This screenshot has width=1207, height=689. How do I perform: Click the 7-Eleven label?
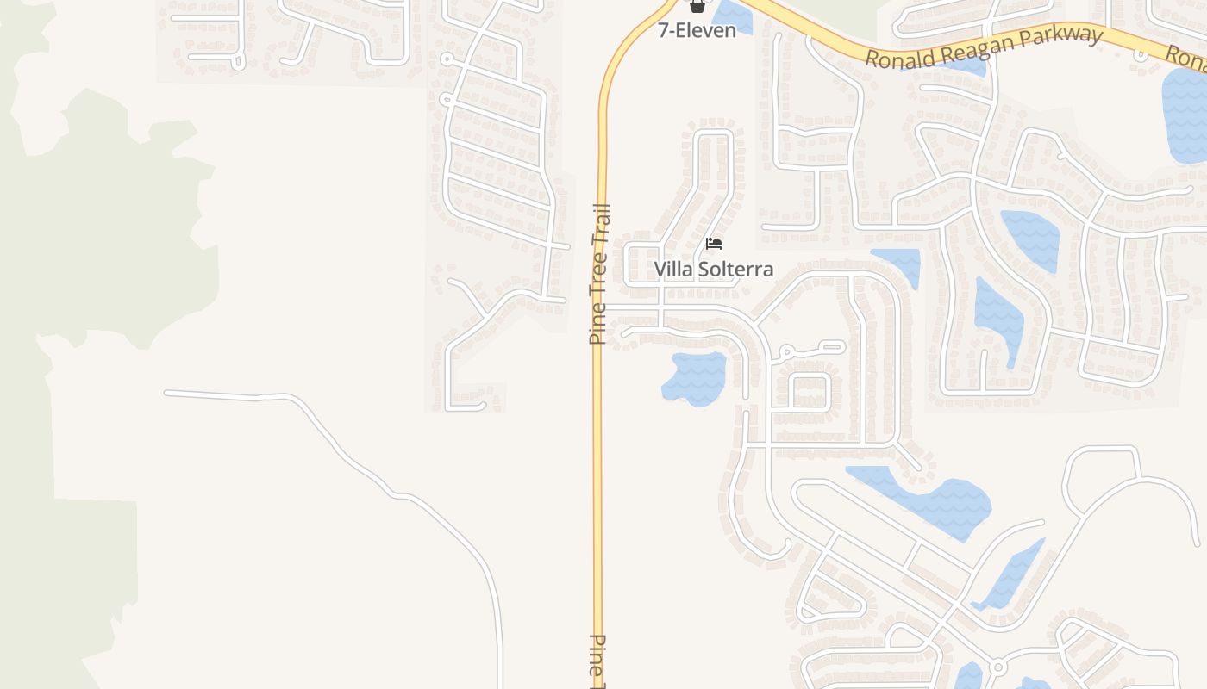point(697,31)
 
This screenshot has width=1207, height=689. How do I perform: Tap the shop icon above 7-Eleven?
point(697,6)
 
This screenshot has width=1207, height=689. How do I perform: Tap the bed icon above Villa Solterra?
point(713,244)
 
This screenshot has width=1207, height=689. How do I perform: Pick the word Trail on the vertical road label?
point(600,225)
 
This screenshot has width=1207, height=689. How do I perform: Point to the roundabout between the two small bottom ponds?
point(998,667)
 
